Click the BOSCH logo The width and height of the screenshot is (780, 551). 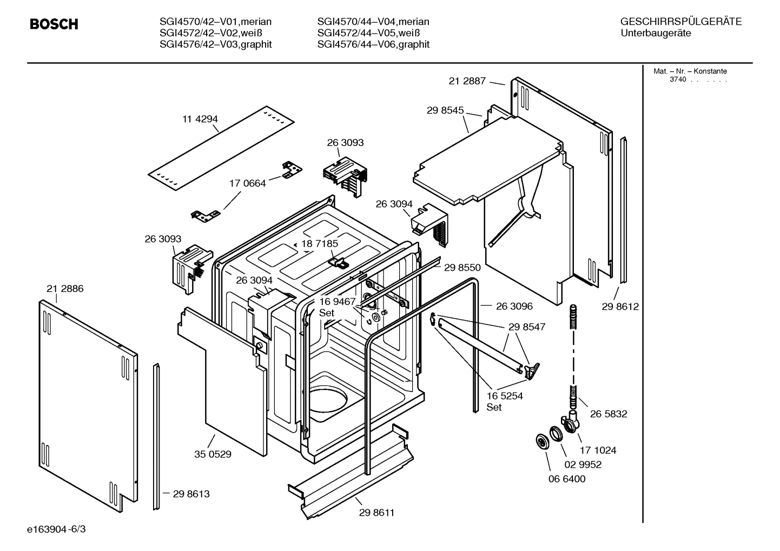[x=54, y=24]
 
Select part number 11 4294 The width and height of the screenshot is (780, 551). [x=200, y=119]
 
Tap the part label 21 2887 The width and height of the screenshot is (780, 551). [x=467, y=81]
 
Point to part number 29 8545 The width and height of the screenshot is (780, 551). [x=445, y=110]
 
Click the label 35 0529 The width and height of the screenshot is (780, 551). [x=213, y=454]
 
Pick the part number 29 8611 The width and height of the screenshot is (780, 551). [x=376, y=513]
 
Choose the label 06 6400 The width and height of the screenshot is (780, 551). [x=566, y=479]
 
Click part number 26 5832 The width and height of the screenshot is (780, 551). [x=609, y=414]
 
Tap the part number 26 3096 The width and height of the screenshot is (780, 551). [x=514, y=307]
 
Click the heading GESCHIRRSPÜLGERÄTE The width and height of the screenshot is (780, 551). [x=680, y=22]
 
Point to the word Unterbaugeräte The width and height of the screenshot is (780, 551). [x=656, y=34]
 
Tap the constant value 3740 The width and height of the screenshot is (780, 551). [x=678, y=79]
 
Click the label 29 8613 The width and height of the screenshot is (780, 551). [x=191, y=494]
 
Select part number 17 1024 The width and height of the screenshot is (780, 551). [x=598, y=450]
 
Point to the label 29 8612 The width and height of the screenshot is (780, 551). [x=620, y=307]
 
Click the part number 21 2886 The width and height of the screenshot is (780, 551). [x=65, y=289]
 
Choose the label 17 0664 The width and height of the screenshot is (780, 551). [x=247, y=183]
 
